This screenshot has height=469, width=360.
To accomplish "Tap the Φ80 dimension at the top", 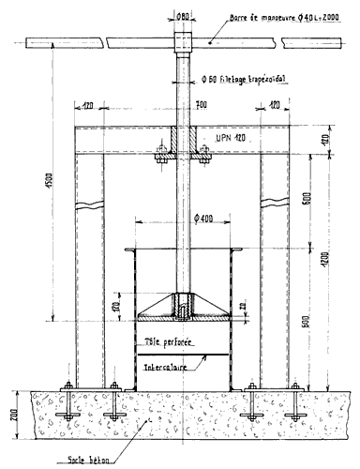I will point(183,13).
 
